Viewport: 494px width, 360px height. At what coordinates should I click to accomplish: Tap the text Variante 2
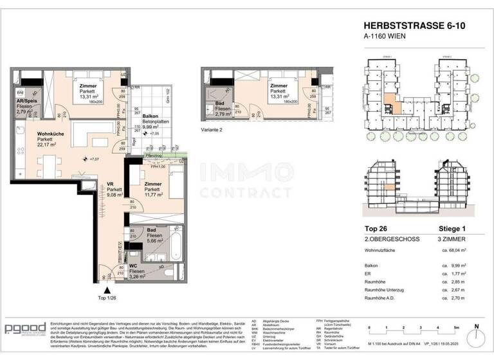(213, 130)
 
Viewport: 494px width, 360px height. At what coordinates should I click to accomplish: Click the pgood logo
(25, 328)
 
